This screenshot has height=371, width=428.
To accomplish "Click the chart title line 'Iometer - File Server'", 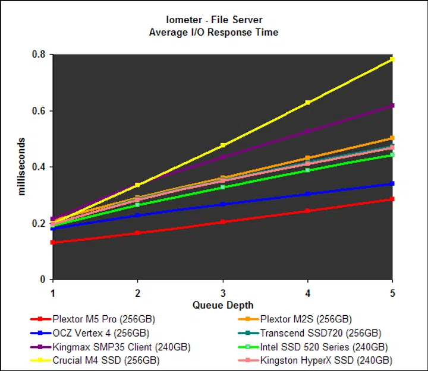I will click(213, 20).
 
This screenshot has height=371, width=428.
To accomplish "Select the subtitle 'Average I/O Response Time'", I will click(213, 32).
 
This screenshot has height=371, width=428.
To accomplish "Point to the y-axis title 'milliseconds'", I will click(22, 166).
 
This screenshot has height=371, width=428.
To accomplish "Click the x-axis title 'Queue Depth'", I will click(222, 305).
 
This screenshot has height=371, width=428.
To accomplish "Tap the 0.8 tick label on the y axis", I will click(39, 55).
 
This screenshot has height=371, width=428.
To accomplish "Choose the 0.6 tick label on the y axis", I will click(39, 111).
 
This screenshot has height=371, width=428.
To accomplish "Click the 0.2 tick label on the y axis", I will click(39, 223).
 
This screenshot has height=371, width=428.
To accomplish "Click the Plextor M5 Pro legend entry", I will click(99, 319).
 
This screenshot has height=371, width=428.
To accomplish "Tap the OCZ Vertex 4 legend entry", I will click(99, 333).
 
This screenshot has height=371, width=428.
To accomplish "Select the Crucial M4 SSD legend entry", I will click(99, 360).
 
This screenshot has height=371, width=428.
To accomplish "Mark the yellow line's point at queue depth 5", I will click(392, 59).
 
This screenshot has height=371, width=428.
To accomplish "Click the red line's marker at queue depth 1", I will click(53, 242).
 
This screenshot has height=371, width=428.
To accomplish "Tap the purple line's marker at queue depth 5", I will click(392, 106).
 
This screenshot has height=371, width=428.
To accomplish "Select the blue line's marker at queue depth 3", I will click(223, 204).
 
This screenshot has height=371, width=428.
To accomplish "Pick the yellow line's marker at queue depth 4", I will click(307, 103).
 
